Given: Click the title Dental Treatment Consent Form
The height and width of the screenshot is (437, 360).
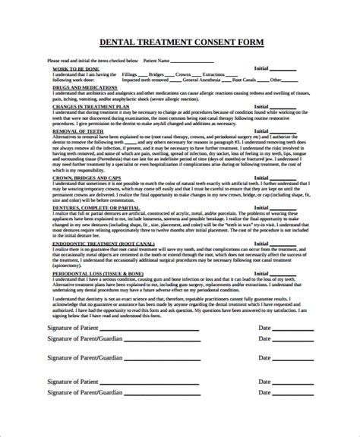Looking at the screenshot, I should (x=179, y=43).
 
